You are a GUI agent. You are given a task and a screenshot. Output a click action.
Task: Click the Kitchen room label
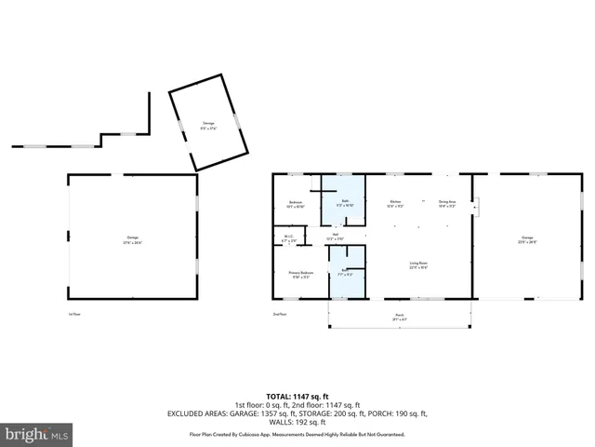click(395, 203)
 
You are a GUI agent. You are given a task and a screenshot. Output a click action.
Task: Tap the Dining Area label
click(447, 203)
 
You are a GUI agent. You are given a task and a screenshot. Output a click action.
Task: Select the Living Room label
click(418, 265)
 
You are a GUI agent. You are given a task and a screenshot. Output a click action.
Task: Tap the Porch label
click(400, 317)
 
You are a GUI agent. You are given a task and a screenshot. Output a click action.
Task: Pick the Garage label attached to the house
click(527, 239)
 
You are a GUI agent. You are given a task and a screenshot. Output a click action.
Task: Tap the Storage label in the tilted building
click(207, 126)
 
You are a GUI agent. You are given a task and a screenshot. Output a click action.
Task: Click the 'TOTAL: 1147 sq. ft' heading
click(297, 396)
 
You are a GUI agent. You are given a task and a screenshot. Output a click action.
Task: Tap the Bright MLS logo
click(37, 435)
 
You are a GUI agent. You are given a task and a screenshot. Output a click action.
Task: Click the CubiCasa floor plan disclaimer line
click(297, 434)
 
